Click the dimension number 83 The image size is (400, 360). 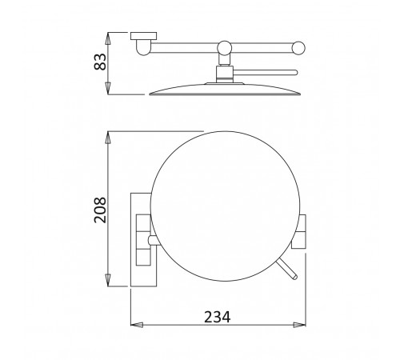(100, 62)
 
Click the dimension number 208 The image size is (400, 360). (100, 210)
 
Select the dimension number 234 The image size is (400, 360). (218, 317)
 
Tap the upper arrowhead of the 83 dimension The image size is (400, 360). (108, 38)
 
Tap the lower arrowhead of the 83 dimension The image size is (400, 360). (108, 88)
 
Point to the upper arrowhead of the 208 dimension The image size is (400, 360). (108, 137)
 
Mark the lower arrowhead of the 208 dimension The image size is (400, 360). (108, 281)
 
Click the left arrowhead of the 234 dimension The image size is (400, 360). (137, 325)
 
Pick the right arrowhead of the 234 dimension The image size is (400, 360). (299, 325)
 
